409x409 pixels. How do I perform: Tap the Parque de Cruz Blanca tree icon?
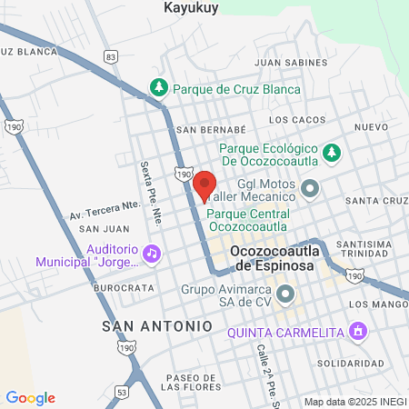coord(160,87)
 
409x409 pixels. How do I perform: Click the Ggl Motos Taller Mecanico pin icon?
coord(311,189)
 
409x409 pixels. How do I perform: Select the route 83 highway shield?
coord(111,56)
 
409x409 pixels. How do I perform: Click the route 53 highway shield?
coord(122,392)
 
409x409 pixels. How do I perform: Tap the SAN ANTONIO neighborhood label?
coord(156,324)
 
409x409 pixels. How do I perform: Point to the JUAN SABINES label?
coord(290,63)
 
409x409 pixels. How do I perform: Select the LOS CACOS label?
coord(297,120)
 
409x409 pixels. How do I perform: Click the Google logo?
coord(30,398)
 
